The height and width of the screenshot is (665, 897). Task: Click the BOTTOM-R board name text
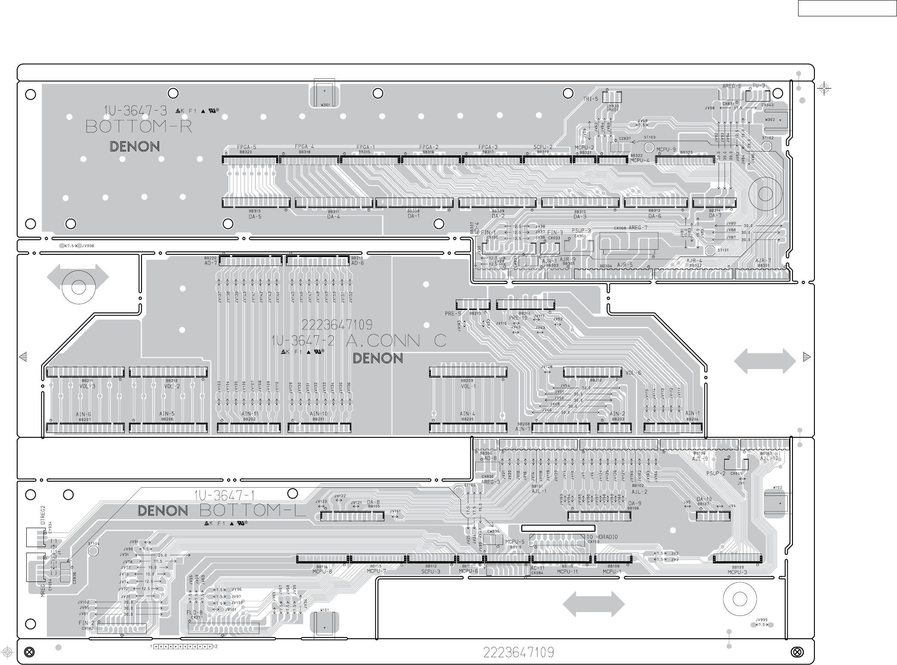tap(138, 127)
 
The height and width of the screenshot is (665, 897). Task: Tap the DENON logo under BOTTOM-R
tap(135, 146)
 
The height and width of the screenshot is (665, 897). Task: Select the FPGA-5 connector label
tap(246, 147)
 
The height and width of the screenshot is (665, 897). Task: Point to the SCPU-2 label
tap(543, 147)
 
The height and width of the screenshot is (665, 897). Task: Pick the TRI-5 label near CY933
tap(590, 99)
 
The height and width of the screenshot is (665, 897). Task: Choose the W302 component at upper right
tap(770, 119)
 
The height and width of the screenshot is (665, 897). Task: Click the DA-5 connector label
tap(255, 217)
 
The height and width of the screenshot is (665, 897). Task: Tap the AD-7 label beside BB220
tap(210, 263)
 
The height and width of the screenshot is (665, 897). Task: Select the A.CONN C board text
tap(396, 341)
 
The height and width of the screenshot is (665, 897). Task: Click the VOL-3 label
tap(87, 386)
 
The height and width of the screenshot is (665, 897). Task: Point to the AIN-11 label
tap(250, 414)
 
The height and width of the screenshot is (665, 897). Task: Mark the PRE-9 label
tap(453, 314)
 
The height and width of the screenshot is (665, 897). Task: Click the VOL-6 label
tap(633, 373)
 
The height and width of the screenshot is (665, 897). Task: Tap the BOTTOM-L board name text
tap(252, 510)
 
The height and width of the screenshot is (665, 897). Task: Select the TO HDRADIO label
tap(602, 537)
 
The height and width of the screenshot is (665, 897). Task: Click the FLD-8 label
tap(194, 612)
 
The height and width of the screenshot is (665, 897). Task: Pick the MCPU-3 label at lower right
tap(737, 572)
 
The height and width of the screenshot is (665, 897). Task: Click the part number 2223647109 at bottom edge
tap(518, 653)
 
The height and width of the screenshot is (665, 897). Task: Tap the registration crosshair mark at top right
tap(824, 89)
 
